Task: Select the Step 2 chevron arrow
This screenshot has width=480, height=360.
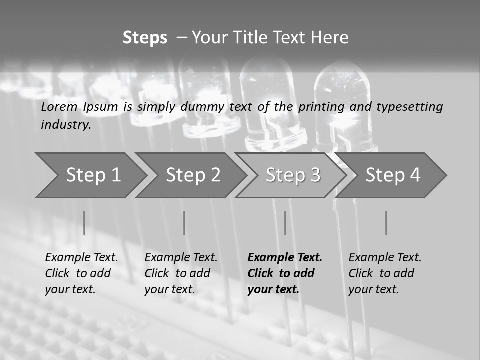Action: [x=193, y=175]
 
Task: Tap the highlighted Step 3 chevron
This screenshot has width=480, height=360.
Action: [x=293, y=175]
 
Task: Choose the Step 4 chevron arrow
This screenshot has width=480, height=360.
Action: [x=393, y=175]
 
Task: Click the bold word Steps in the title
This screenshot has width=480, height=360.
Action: [x=145, y=38]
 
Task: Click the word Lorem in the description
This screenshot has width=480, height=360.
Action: [x=59, y=106]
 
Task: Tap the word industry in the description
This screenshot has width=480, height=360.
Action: [x=66, y=125]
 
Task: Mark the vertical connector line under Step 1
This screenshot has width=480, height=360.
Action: [x=84, y=223]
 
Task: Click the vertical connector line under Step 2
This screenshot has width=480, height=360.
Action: [x=184, y=223]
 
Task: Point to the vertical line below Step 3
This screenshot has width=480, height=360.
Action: [x=285, y=223]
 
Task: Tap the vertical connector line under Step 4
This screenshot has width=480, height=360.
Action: [x=386, y=223]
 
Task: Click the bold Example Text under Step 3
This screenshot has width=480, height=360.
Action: [x=285, y=258]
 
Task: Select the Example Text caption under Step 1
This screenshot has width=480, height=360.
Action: [x=81, y=258]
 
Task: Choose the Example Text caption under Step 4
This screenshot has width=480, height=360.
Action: [x=385, y=258]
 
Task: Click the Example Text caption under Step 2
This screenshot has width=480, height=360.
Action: [x=181, y=258]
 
